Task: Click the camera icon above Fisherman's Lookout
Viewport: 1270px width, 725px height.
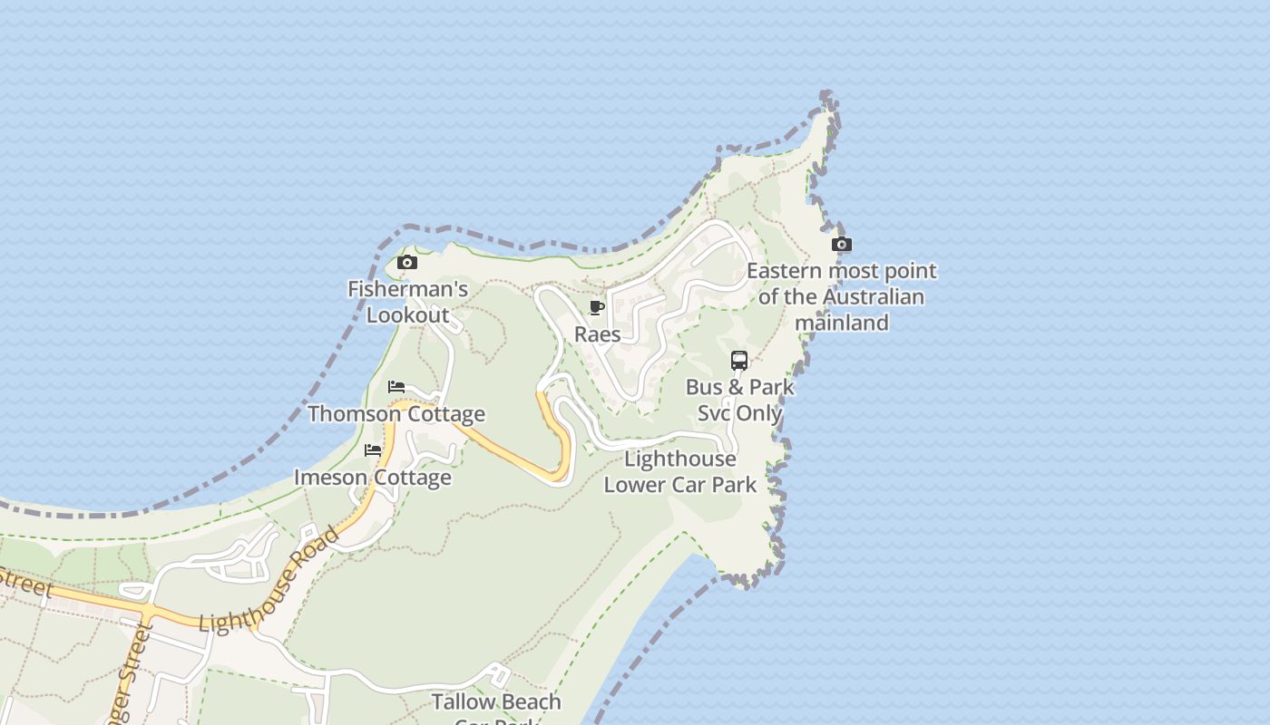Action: pos(407,263)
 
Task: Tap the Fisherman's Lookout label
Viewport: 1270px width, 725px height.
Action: pos(407,302)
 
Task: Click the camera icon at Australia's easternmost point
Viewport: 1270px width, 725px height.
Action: pos(842,244)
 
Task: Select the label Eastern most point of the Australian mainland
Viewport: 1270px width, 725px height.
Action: pos(842,296)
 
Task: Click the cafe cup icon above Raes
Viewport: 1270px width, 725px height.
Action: pos(597,308)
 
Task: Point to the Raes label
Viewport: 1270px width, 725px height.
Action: pos(598,334)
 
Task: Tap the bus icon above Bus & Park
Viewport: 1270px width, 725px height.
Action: pos(739,361)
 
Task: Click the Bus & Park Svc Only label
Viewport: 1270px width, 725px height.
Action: pos(739,400)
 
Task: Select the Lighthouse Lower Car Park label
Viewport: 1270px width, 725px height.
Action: pos(680,471)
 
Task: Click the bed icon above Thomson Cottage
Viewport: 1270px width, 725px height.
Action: pos(396,387)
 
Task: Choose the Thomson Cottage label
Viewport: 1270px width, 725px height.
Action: pos(396,414)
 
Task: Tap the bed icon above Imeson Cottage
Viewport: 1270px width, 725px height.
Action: pos(373,450)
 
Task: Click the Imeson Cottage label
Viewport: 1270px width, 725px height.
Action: pos(373,478)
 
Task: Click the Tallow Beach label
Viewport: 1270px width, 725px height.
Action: pos(496,702)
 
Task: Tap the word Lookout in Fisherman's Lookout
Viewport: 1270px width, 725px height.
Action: pos(408,315)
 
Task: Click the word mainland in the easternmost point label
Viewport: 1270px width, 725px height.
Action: pos(842,323)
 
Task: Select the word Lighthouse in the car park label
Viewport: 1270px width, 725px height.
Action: pos(680,459)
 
